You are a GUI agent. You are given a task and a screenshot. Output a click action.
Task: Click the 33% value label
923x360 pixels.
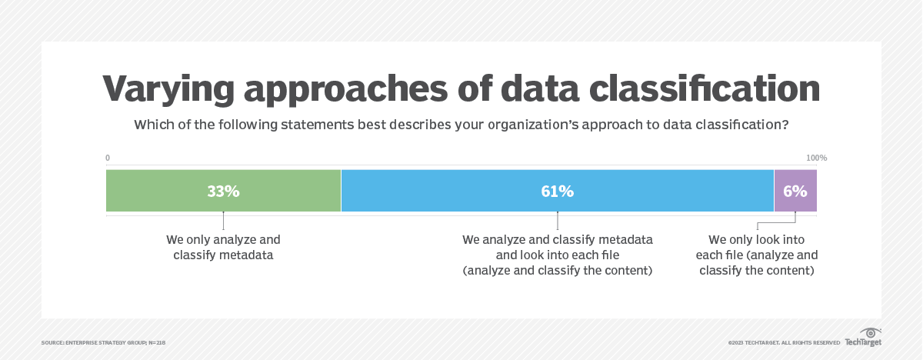pos(223,192)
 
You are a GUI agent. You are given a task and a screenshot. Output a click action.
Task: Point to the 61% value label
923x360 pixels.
pos(557,192)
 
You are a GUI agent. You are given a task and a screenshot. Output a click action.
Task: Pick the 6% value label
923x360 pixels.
pos(795,192)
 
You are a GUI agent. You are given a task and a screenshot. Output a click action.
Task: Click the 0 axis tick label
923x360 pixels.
pos(108,158)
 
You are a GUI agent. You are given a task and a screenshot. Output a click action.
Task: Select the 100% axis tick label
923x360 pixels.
pos(816,158)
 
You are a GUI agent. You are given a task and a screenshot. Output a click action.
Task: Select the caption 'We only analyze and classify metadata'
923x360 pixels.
pos(223,247)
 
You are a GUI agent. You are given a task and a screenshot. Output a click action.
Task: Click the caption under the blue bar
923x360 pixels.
pos(557,255)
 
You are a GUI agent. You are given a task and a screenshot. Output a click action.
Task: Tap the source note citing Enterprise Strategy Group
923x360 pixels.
pos(103,342)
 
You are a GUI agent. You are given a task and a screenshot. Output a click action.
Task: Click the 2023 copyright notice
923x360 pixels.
pos(784,342)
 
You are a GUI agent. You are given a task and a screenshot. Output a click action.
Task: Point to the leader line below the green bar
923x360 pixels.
pos(223,221)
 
